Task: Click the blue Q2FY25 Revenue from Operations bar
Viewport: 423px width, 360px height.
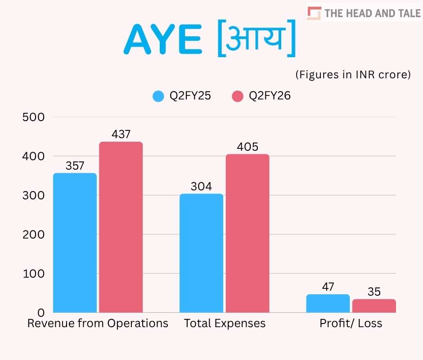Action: pos(75,243)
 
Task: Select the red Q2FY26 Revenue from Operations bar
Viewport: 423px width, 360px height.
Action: pos(121,227)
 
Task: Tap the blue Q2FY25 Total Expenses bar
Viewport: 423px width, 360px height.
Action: pos(201,253)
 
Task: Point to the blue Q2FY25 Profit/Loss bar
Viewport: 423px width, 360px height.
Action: pos(328,303)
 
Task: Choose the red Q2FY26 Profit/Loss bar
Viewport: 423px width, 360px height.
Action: pos(374,306)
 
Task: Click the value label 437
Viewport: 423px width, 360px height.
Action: pos(121,134)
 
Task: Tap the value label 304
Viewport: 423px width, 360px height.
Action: pos(201,186)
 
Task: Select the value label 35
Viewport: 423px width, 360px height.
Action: pos(374,292)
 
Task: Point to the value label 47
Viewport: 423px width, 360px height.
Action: pos(328,287)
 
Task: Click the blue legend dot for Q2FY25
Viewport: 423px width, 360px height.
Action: pos(158,96)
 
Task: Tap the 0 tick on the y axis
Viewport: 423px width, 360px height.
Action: pos(41,312)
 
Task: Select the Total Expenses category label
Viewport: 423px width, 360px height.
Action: pos(225,324)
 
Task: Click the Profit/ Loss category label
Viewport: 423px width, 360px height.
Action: pos(351,324)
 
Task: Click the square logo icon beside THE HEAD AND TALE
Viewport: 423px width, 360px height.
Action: pos(314,13)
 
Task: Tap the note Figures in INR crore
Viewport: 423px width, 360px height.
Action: pos(353,75)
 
